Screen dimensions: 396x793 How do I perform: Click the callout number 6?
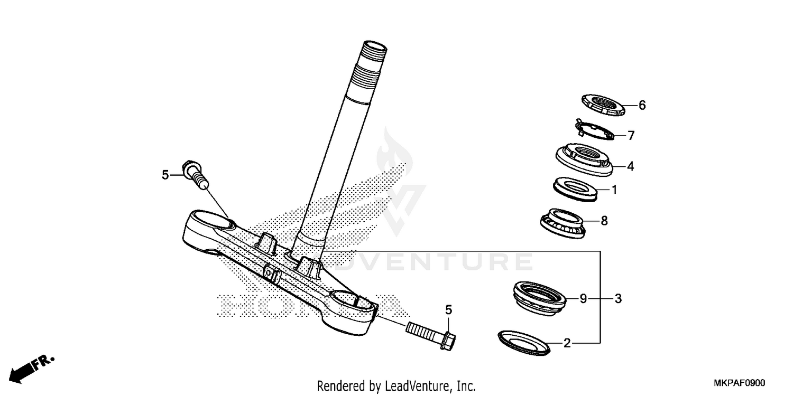(642, 105)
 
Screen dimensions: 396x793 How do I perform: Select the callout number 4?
(630, 166)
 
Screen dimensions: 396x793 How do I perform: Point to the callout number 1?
(614, 189)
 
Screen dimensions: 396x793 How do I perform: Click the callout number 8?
(604, 221)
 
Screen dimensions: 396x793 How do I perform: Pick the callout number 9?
(583, 299)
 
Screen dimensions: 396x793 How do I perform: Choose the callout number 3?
(617, 299)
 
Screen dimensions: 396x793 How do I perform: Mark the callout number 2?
(567, 344)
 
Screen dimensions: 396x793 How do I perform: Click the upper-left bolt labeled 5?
(195, 174)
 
